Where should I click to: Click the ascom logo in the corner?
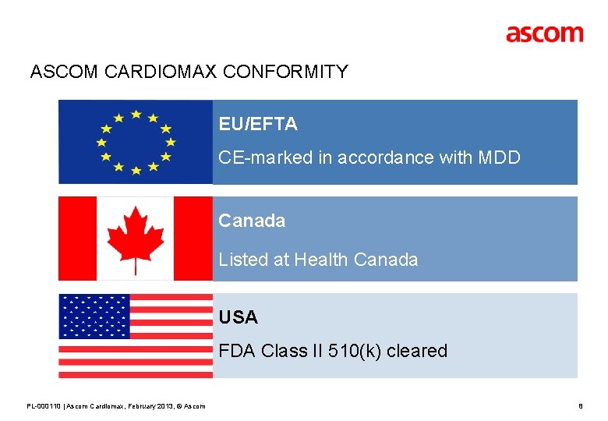click(544, 34)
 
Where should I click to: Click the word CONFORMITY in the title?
click(285, 73)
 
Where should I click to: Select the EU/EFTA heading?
click(258, 124)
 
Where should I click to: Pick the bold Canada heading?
click(252, 221)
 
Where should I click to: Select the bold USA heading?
click(238, 317)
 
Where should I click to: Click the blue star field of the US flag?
click(94, 316)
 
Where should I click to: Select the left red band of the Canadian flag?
click(77, 239)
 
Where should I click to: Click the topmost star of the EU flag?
click(136, 114)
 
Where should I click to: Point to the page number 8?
click(580, 406)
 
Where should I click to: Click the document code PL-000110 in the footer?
click(44, 406)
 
